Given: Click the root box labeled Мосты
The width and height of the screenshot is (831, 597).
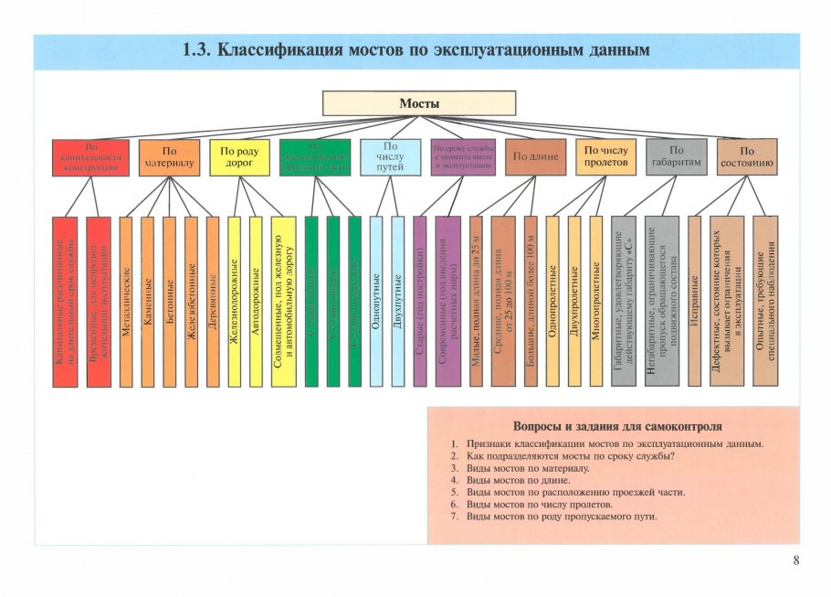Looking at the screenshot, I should coord(419,102).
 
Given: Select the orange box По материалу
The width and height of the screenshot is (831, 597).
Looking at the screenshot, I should coord(169,157).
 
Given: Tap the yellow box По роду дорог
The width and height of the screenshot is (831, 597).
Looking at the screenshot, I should coord(239,157).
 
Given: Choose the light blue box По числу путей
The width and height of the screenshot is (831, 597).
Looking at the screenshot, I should coord(390,157).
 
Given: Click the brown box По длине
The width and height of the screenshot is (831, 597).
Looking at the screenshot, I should coord(534,157).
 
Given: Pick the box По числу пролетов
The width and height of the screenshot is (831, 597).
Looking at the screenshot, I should coord(605,157).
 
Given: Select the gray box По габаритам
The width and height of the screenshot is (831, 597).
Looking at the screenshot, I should coord(676,157).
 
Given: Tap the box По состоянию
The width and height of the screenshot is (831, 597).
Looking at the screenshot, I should coord(747,157).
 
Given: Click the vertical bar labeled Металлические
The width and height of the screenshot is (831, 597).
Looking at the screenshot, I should coord(126,301).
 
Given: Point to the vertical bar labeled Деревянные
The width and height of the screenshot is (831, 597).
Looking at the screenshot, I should coord(213,301).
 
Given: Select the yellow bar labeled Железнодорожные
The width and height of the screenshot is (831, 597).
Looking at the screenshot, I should coord(234,301).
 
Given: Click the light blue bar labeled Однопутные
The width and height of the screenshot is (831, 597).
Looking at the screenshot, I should coord(376,301).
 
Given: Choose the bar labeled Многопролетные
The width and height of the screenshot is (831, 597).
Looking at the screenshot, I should coord(596,301).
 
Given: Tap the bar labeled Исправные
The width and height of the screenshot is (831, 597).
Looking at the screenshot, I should coord(695,301).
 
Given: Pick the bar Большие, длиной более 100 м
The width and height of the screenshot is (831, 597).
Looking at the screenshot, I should coord(531,301).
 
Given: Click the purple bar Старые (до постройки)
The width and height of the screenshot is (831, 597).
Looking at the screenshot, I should coord(420,301).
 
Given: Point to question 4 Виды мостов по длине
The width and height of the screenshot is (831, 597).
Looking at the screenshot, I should coord(518,480).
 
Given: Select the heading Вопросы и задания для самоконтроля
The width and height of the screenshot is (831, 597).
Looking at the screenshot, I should coord(617,426).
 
